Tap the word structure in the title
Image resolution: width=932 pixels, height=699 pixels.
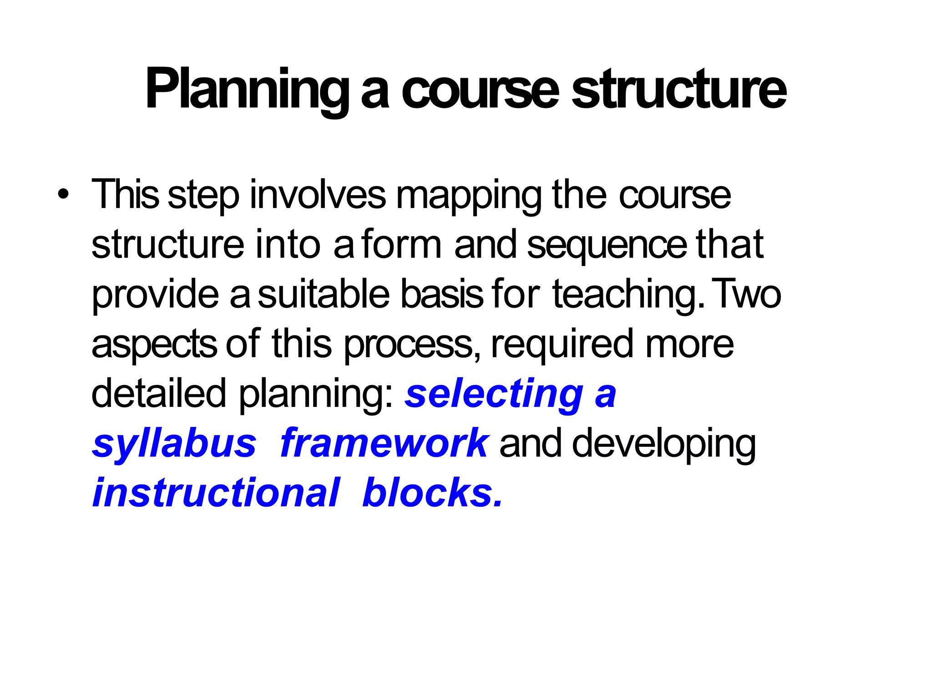(679, 89)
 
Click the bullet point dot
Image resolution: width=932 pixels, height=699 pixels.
(64, 195)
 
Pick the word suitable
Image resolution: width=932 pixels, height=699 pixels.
(324, 294)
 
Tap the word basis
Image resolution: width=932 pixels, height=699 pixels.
(441, 294)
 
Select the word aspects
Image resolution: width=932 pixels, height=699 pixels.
(154, 345)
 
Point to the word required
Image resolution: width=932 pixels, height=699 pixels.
(562, 345)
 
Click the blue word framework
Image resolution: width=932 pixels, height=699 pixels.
(385, 443)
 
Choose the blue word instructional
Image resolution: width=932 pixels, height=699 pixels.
(216, 493)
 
